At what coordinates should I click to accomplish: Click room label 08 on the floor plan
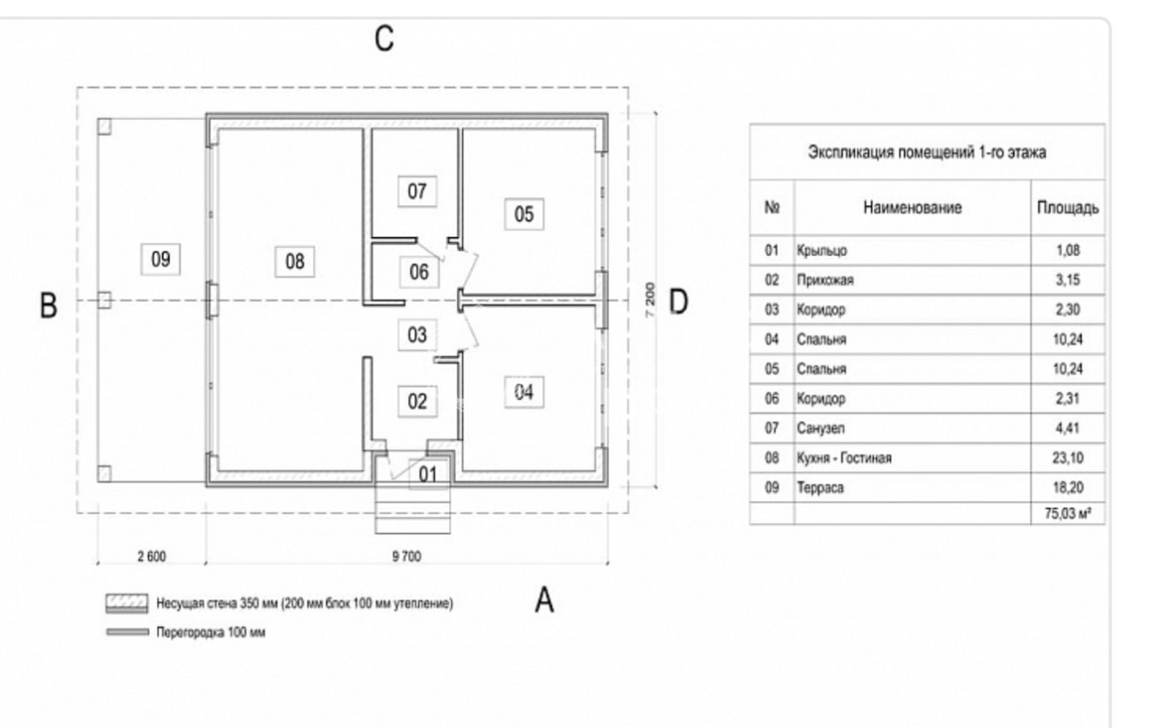click(294, 262)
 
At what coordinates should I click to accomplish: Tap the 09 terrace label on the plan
click(161, 259)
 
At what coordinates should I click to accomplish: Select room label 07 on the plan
click(417, 192)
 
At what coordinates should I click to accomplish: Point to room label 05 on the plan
click(524, 214)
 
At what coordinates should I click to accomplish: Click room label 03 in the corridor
click(417, 334)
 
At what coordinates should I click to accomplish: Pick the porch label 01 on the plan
click(427, 474)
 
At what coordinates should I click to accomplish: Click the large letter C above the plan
click(384, 39)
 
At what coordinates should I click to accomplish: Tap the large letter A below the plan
click(544, 600)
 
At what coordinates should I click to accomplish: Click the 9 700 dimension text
click(406, 557)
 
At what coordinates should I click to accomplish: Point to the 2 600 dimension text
click(151, 557)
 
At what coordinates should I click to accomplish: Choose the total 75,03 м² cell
click(1069, 515)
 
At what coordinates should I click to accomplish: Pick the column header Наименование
click(912, 208)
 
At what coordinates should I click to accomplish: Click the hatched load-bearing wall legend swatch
click(127, 603)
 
